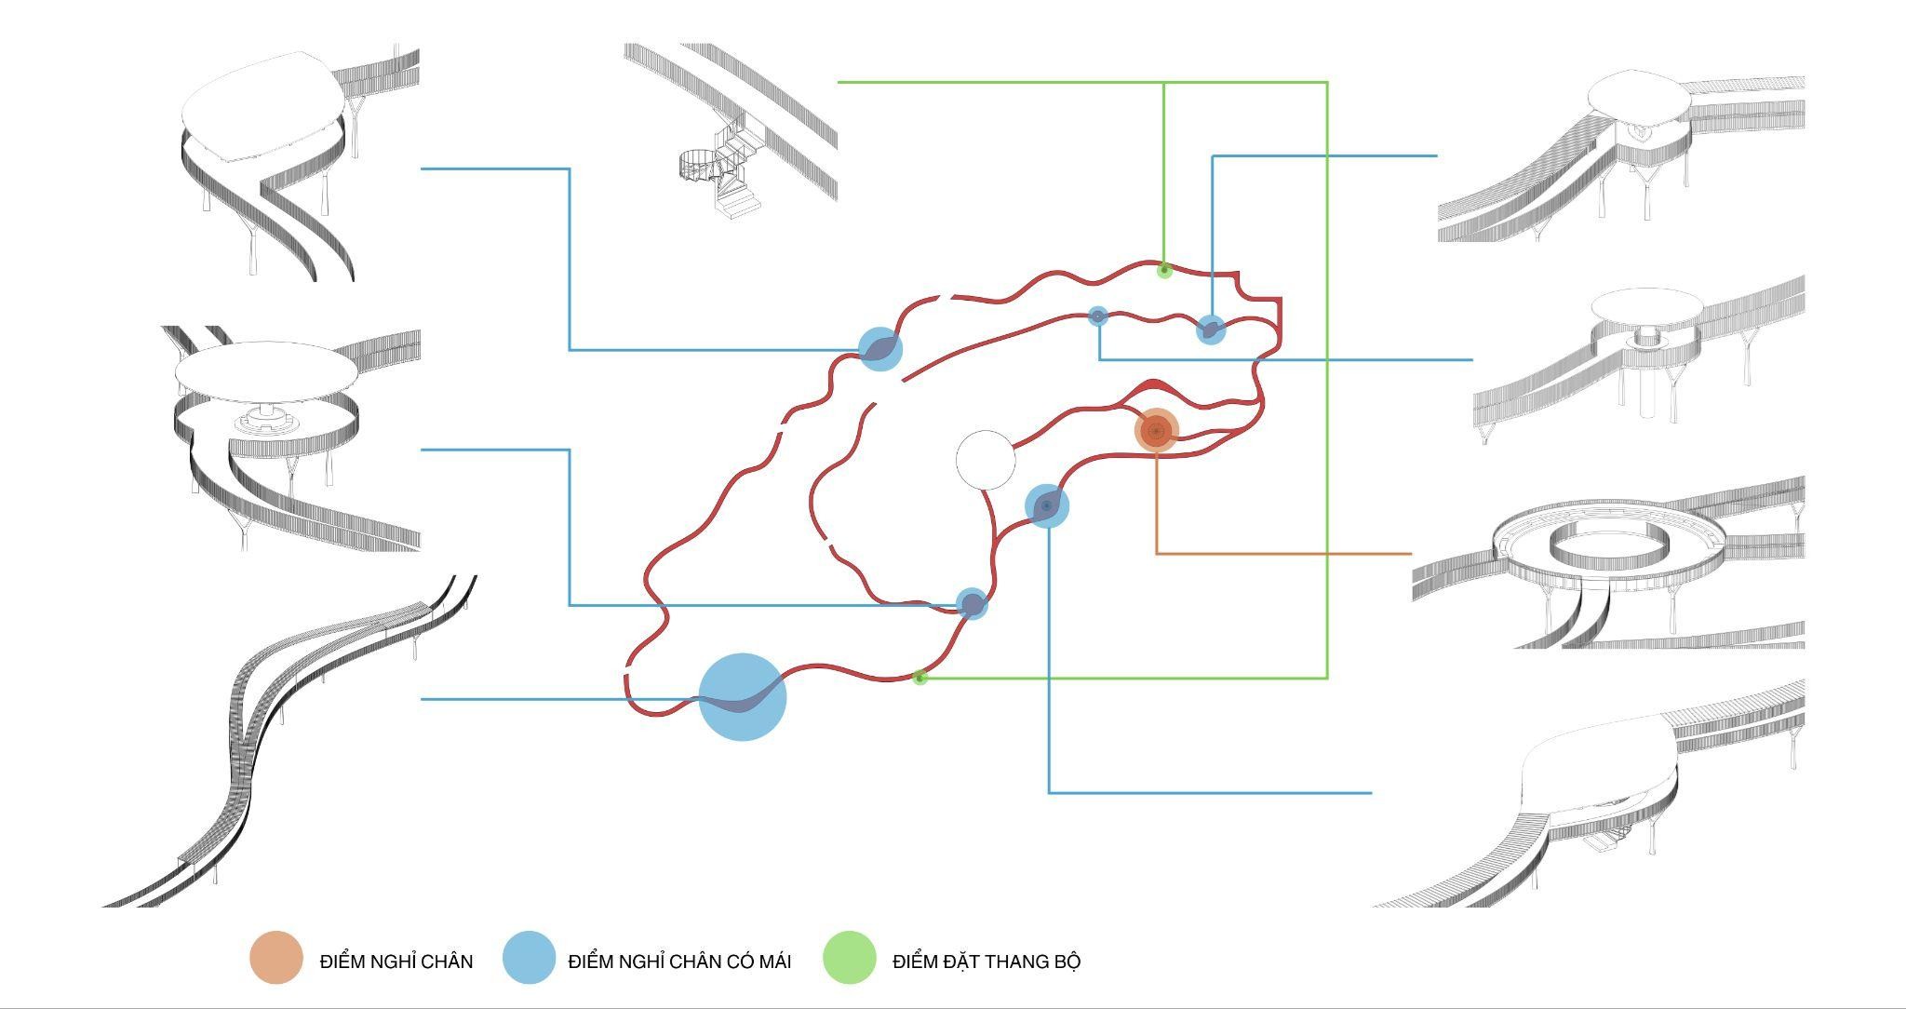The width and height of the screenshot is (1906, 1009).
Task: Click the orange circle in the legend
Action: (x=276, y=958)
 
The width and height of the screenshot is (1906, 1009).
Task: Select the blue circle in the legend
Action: (x=529, y=958)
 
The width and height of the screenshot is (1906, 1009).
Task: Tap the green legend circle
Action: (x=850, y=958)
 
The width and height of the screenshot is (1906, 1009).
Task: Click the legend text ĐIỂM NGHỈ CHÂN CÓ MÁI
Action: (x=679, y=962)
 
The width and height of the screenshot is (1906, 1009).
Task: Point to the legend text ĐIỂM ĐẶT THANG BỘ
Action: (x=986, y=962)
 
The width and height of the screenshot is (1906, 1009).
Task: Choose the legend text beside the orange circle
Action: (x=396, y=962)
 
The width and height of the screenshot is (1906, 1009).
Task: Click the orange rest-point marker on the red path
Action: (x=1157, y=431)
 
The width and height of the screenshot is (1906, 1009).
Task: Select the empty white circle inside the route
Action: (x=986, y=460)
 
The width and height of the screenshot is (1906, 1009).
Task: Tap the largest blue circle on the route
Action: (x=743, y=697)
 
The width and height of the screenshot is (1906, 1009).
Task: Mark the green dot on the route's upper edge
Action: (x=1163, y=270)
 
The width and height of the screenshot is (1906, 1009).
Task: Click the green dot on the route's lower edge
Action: (x=919, y=678)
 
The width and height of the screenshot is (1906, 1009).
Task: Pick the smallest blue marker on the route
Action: (x=1098, y=316)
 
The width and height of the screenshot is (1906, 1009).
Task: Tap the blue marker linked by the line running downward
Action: (x=1047, y=506)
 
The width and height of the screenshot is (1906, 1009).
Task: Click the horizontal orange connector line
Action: (x=1284, y=554)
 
